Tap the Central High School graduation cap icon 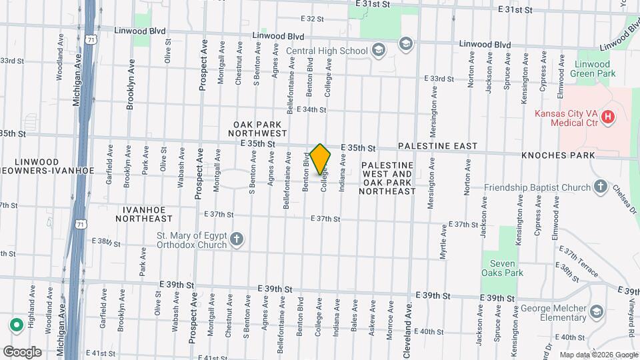click(378, 51)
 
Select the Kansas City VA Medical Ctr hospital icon click(607, 117)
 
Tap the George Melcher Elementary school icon click(595, 311)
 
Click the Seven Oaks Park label click(502, 268)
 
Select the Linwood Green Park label click(594, 69)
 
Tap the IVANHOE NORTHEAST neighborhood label click(143, 213)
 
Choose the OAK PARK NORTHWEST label click(257, 129)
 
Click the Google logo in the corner click(22, 351)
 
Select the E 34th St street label click(311, 109)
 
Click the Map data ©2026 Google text click(597, 355)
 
